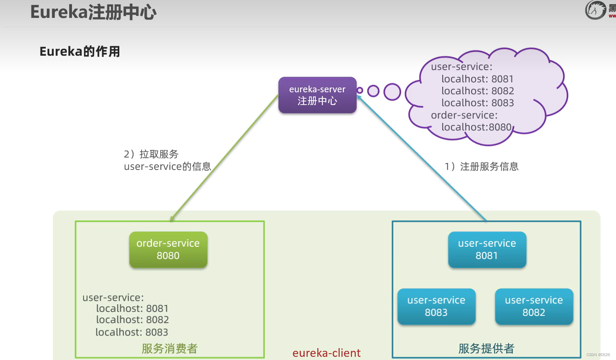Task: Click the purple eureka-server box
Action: (x=317, y=95)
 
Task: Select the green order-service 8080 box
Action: (x=168, y=249)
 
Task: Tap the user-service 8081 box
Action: (x=487, y=249)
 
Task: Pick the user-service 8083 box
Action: (x=436, y=306)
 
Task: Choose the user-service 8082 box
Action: (x=534, y=306)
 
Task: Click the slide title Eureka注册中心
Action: (x=93, y=12)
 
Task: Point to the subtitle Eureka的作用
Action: (x=80, y=51)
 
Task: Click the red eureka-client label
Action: (x=326, y=353)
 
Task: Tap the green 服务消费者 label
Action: (x=170, y=348)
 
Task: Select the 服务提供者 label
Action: (x=486, y=348)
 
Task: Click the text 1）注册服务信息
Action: (x=482, y=166)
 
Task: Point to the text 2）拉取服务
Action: (x=151, y=154)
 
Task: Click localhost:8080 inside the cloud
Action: (x=476, y=127)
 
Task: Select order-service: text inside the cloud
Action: (x=464, y=115)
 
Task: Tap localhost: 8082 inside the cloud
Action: (x=478, y=91)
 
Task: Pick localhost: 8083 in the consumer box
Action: (x=132, y=332)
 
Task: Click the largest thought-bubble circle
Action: (x=392, y=92)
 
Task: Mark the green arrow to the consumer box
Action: (x=223, y=159)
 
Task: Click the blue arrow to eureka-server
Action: (x=422, y=159)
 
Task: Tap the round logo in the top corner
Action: (x=595, y=10)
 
